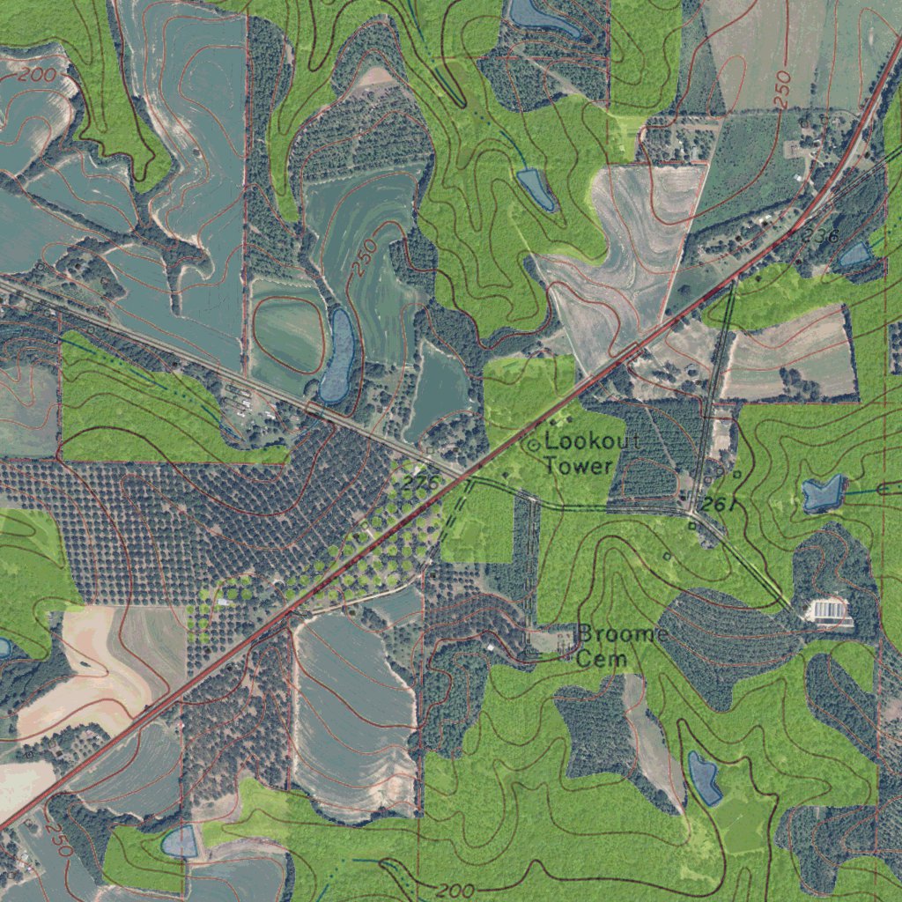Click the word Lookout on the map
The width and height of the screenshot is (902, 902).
[593, 441]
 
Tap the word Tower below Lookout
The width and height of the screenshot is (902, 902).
[578, 466]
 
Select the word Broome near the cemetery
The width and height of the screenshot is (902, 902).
[622, 634]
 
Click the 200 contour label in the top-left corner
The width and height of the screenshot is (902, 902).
[36, 75]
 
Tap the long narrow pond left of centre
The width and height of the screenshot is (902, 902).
[338, 355]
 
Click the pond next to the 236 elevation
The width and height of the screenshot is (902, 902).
[854, 256]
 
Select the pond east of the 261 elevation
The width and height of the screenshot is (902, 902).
[824, 493]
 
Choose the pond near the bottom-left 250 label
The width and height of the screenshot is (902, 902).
[180, 842]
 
